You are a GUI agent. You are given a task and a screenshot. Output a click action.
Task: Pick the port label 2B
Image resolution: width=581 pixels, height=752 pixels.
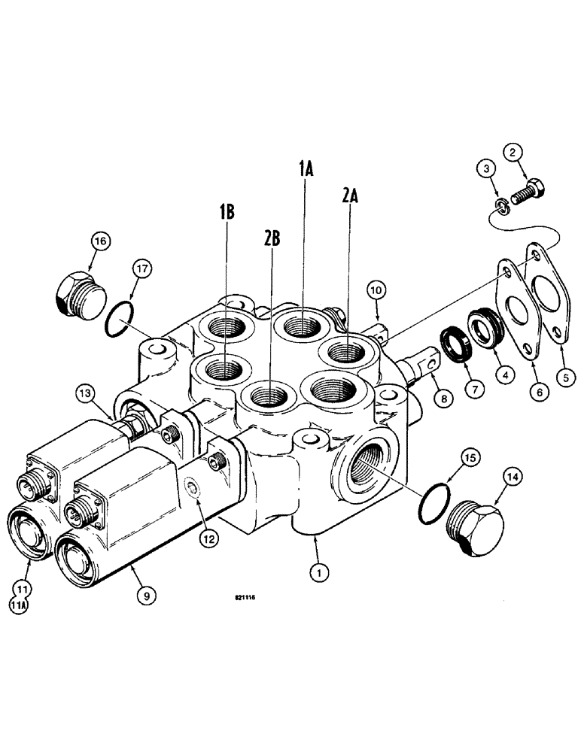272,239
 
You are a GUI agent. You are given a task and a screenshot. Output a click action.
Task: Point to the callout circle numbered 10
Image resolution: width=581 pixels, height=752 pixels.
376,289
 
